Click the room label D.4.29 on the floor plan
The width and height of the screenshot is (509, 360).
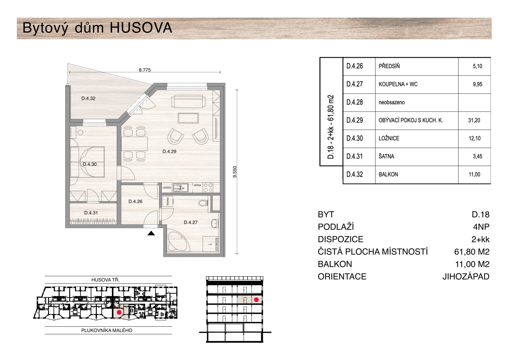pyautogui.click(x=169, y=151)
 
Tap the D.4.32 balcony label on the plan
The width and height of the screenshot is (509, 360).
pyautogui.click(x=88, y=98)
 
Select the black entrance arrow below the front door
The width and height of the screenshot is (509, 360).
pyautogui.click(x=151, y=233)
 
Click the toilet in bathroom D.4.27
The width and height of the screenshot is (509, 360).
pyautogui.click(x=203, y=202)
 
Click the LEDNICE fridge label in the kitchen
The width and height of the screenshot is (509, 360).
pyautogui.click(x=167, y=188)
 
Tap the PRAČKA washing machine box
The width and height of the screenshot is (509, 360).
pyautogui.click(x=168, y=201)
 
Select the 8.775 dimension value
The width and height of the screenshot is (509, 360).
pyautogui.click(x=145, y=70)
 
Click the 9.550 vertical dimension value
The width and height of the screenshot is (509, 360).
pyautogui.click(x=235, y=172)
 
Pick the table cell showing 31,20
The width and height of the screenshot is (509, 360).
pyautogui.click(x=474, y=120)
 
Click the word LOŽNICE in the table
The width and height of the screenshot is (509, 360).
pyautogui.click(x=389, y=138)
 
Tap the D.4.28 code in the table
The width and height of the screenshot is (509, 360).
pyautogui.click(x=354, y=102)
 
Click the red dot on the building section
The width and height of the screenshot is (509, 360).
pyautogui.click(x=256, y=300)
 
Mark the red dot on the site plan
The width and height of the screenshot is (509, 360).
pyautogui.click(x=119, y=312)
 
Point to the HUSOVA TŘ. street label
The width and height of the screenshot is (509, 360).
pyautogui.click(x=105, y=280)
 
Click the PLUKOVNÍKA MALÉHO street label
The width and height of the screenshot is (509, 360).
pyautogui.click(x=107, y=330)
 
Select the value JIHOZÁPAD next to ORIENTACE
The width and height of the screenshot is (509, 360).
pyautogui.click(x=466, y=277)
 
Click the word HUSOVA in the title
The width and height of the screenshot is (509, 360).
pyautogui.click(x=141, y=28)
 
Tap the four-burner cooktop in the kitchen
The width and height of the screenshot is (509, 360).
pyautogui.click(x=208, y=188)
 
